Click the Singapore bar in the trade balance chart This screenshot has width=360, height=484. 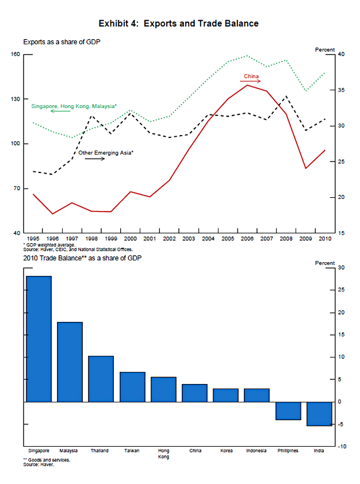pos(39,339)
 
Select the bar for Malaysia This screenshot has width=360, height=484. pos(70,362)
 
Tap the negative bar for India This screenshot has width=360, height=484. pos(319,414)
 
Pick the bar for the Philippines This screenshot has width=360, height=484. pos(288,411)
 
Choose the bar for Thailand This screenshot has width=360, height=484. pos(101,379)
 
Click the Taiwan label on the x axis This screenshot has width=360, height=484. pos(132,451)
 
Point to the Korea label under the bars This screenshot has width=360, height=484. pos(226,451)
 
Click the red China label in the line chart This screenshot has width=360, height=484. pos(251,76)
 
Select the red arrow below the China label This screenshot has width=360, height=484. pos(251,82)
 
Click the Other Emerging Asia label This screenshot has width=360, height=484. pos(106,153)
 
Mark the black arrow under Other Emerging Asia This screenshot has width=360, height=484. pos(94,159)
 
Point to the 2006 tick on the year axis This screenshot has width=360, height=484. pos(248,238)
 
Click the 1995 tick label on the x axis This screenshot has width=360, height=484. pos(33,238)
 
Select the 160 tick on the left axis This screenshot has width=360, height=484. pos(14,55)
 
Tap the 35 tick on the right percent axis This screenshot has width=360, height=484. pos(341,90)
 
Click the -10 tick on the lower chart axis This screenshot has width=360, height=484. pos(342,447)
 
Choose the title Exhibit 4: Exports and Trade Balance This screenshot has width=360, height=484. pos(178,24)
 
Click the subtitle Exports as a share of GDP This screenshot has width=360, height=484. pos(62,43)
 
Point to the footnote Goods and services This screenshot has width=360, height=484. pos(47,460)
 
